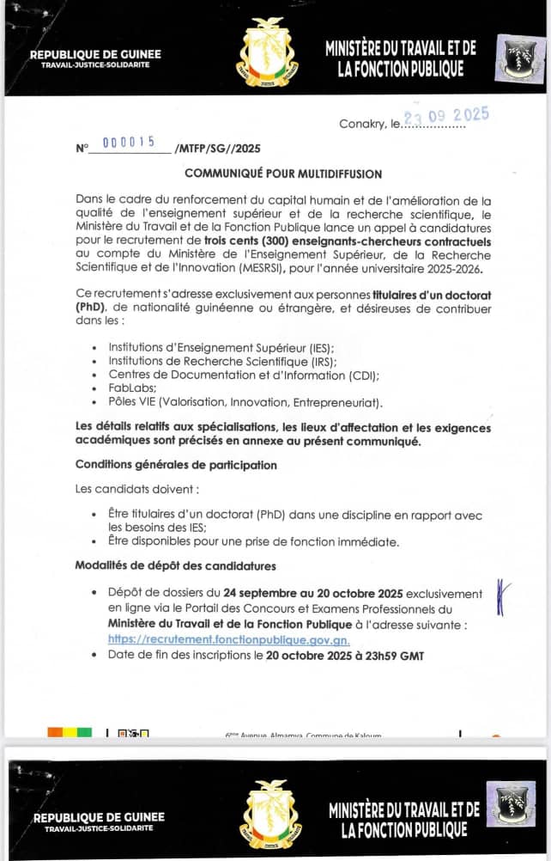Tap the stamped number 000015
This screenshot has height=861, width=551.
128,143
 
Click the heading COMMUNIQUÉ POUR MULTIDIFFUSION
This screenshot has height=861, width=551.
283,174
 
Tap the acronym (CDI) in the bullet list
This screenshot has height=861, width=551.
363,376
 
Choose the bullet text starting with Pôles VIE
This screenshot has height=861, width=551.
245,402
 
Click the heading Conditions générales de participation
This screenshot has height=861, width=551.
176,465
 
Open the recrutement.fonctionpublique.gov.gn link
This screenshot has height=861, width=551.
228,640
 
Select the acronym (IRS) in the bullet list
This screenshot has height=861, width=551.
317,362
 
